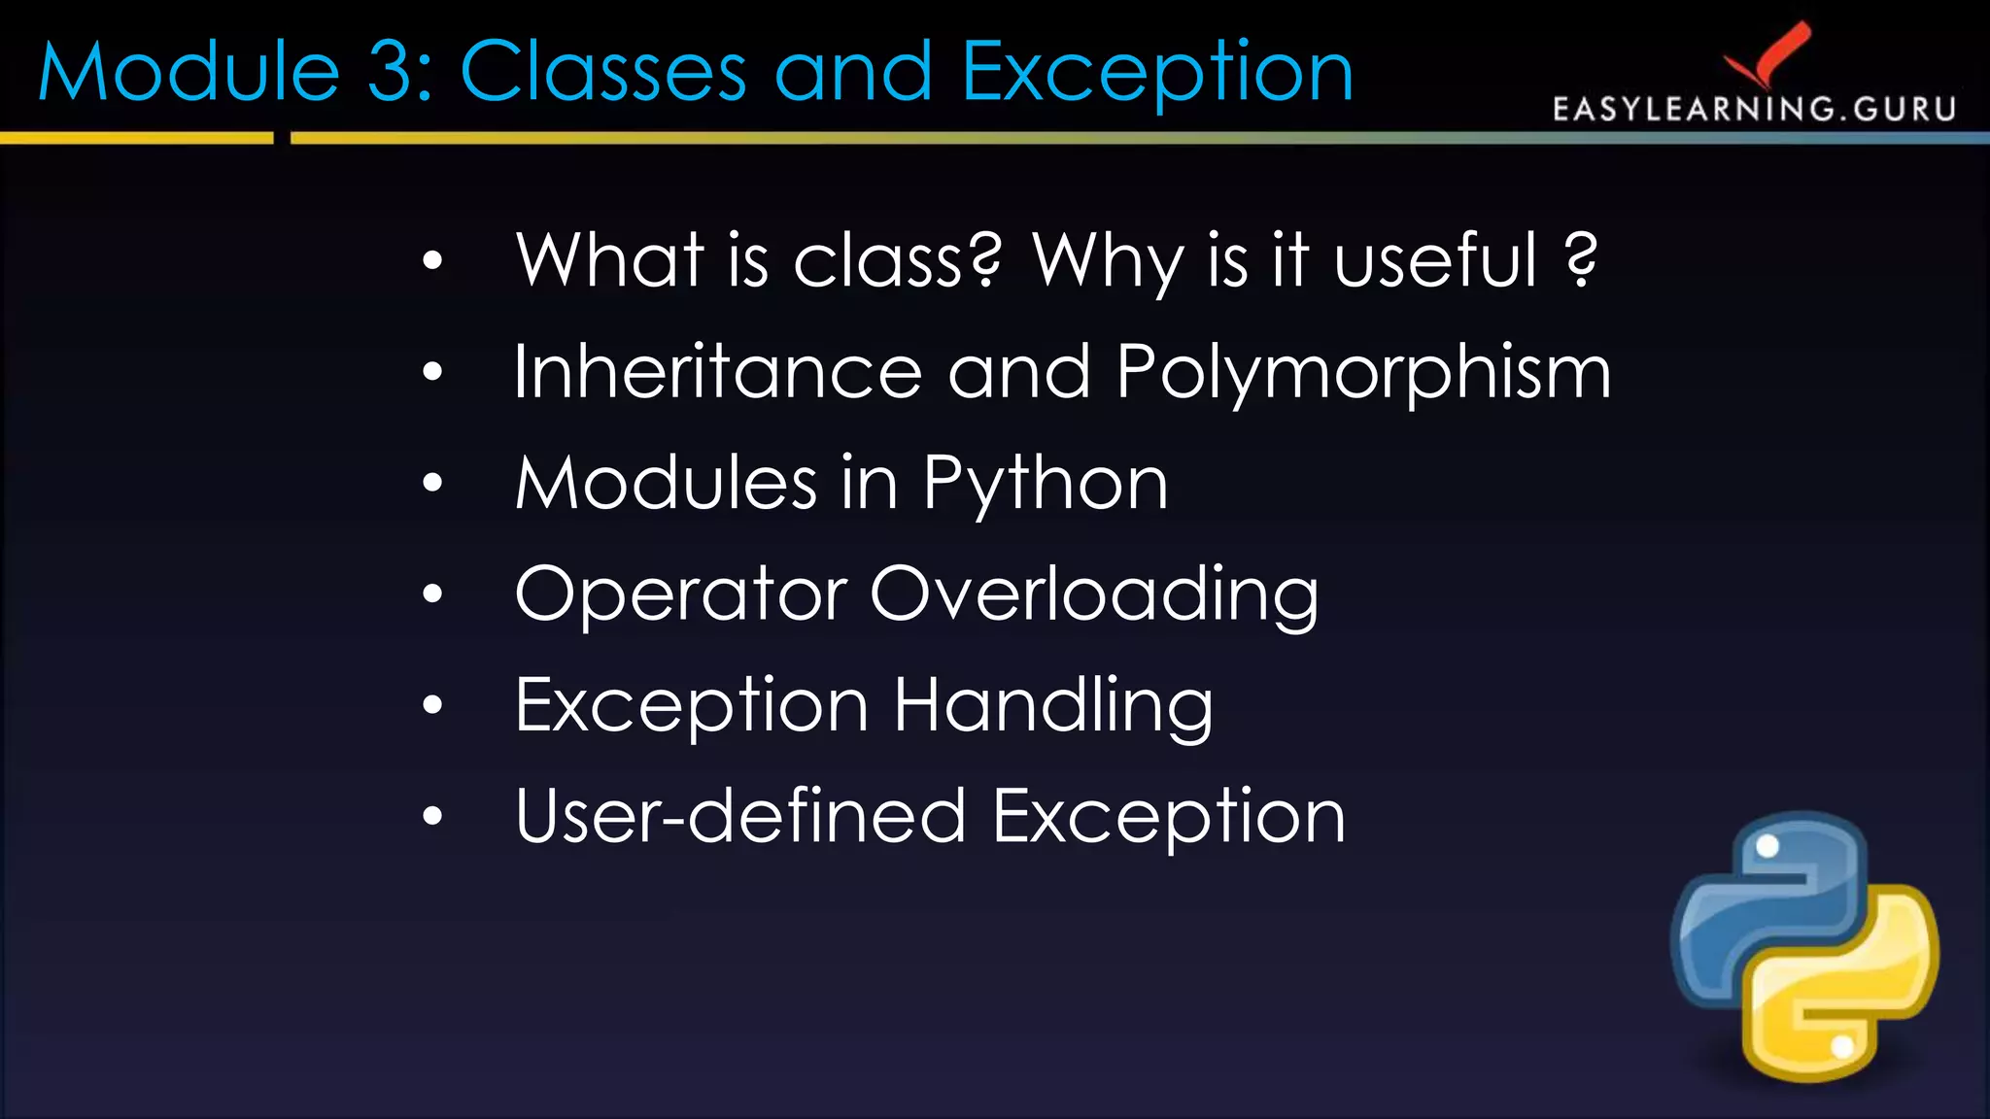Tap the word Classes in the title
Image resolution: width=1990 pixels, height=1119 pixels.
coord(603,72)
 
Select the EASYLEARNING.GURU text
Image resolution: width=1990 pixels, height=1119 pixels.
coord(1754,109)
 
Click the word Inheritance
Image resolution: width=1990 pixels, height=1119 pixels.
coord(717,373)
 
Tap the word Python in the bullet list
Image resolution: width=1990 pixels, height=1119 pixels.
coord(1045,485)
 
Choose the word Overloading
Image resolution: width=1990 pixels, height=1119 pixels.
coord(1094,595)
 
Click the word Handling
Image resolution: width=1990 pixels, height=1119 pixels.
coord(1053,707)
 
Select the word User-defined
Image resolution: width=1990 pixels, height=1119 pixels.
coord(740,817)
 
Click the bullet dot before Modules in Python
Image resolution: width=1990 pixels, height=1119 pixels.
coord(432,483)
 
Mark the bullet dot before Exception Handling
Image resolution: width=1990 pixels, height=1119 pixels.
coord(432,705)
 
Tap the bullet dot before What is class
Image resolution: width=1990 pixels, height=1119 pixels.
coord(432,260)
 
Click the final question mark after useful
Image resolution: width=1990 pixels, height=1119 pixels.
coord(1581,260)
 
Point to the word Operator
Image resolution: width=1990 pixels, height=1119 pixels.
coord(680,594)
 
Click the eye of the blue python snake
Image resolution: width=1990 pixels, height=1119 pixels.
coord(1767,846)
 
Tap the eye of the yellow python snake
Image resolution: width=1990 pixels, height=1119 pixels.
coord(1842,1046)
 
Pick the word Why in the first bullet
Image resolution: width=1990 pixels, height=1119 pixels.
coord(1108,262)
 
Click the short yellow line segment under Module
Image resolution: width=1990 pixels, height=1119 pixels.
coord(136,139)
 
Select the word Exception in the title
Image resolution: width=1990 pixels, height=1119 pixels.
coord(1156,74)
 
